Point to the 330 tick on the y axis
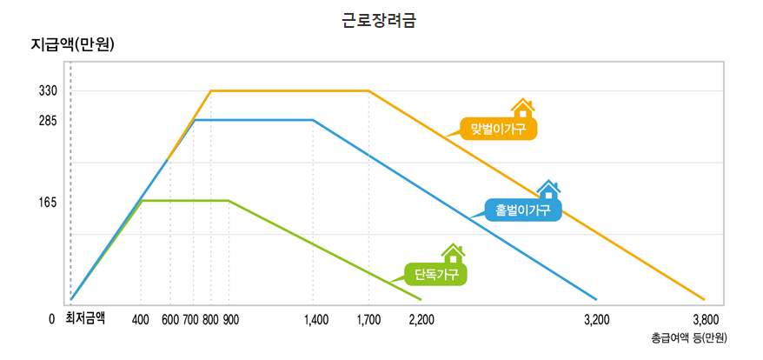tap(48, 90)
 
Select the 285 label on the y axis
tap(48, 121)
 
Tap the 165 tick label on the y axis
tap(48, 202)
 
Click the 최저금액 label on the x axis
tap(85, 318)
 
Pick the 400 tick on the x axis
tap(141, 319)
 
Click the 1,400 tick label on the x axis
tap(316, 319)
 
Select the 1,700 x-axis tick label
tap(368, 319)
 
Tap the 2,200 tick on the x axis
tap(421, 319)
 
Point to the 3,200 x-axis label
tap(596, 319)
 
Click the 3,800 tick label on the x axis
tap(705, 319)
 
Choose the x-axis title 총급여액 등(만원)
tap(688, 337)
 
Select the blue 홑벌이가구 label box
tap(523, 210)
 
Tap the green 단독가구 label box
tap(436, 275)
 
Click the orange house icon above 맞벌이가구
tap(521, 108)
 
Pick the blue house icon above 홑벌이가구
tap(547, 189)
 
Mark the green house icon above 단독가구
tap(452, 253)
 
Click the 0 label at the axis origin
tap(52, 319)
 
